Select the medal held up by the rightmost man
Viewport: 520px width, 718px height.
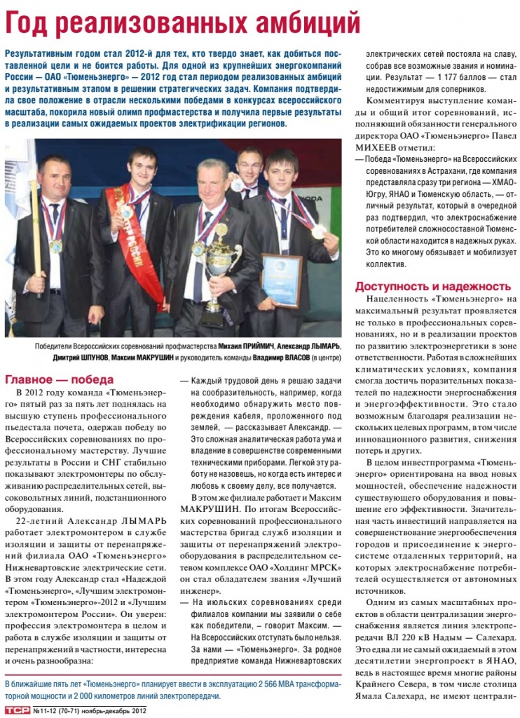pyautogui.click(x=320, y=231)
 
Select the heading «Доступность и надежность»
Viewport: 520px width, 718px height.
pyautogui.click(x=432, y=286)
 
